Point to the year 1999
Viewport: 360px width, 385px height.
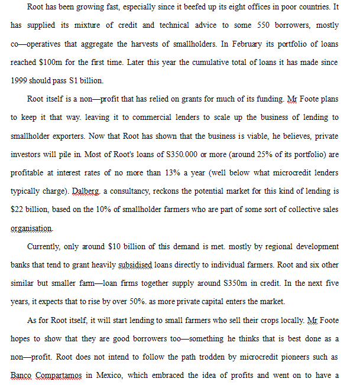click(x=20, y=81)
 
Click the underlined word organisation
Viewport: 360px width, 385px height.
click(x=31, y=228)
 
